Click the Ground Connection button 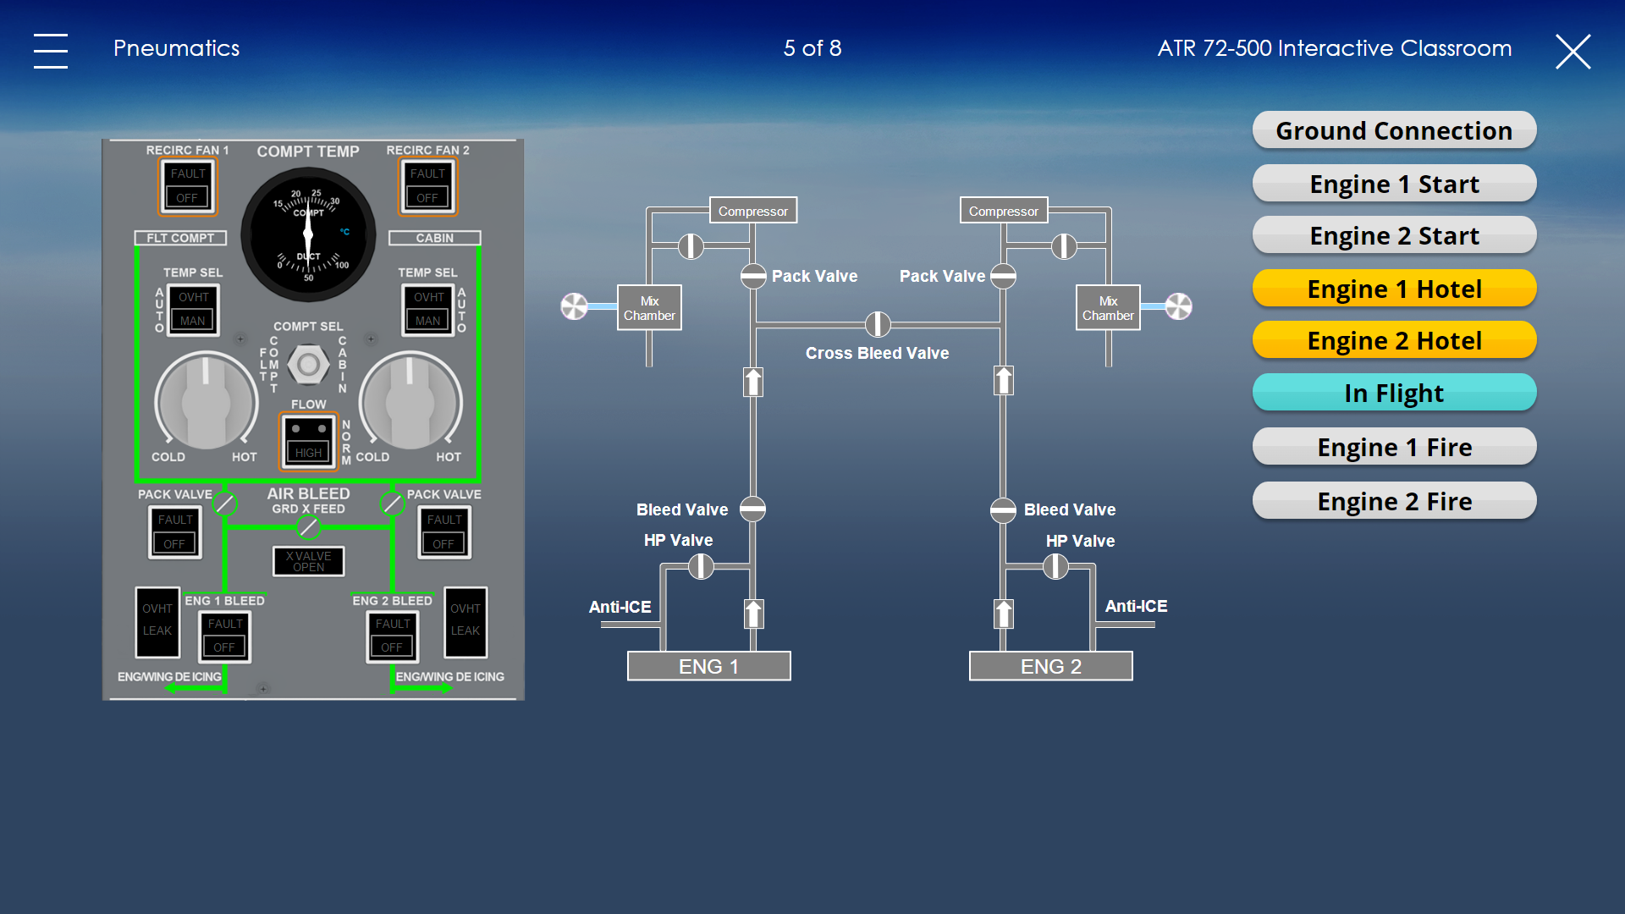click(x=1394, y=130)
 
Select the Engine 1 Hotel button click(x=1394, y=289)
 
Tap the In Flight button click(x=1394, y=393)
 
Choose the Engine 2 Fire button click(x=1394, y=501)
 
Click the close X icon click(x=1573, y=51)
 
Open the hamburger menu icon click(x=51, y=51)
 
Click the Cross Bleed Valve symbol click(x=878, y=324)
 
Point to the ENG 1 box click(x=709, y=666)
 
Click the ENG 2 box click(x=1051, y=666)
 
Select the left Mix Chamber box click(x=649, y=307)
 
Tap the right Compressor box click(x=1004, y=211)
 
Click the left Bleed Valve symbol click(x=752, y=509)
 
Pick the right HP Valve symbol click(x=1055, y=566)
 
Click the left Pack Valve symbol click(x=753, y=276)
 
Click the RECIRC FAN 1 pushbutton click(x=188, y=186)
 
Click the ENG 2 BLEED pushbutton click(x=393, y=636)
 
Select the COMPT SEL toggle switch click(x=308, y=365)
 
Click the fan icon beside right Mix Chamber click(x=1178, y=306)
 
